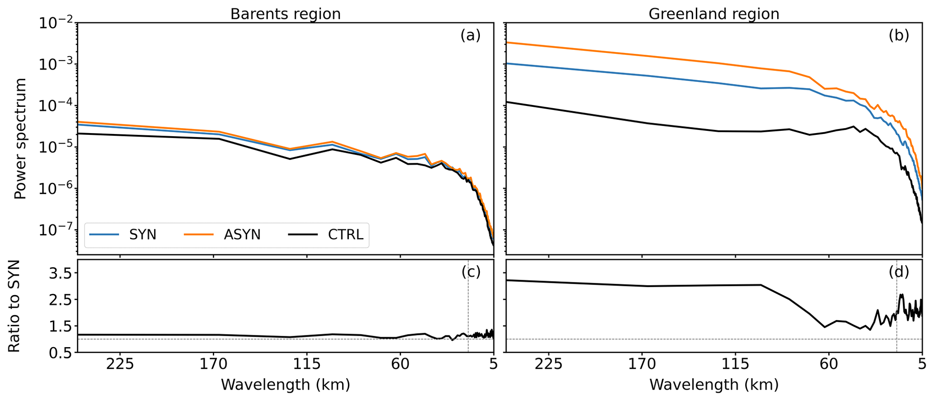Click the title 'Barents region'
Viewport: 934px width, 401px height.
pos(285,14)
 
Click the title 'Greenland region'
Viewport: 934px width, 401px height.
pos(713,14)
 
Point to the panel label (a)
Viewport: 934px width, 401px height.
pos(470,35)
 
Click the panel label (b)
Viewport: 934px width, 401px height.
pos(899,35)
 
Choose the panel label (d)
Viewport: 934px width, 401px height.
pos(899,272)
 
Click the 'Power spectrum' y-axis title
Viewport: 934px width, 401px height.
pos(20,138)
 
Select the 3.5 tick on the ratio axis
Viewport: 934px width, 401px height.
pos(60,273)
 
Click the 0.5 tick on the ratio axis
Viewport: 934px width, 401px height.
pos(60,353)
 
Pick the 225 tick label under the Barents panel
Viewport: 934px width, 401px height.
pos(120,364)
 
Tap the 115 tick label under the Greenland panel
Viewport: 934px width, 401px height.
pos(735,364)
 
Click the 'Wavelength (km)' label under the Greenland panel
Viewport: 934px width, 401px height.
pos(713,385)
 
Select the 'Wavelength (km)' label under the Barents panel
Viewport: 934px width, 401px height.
pos(285,385)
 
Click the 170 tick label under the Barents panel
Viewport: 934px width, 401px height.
pos(213,364)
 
